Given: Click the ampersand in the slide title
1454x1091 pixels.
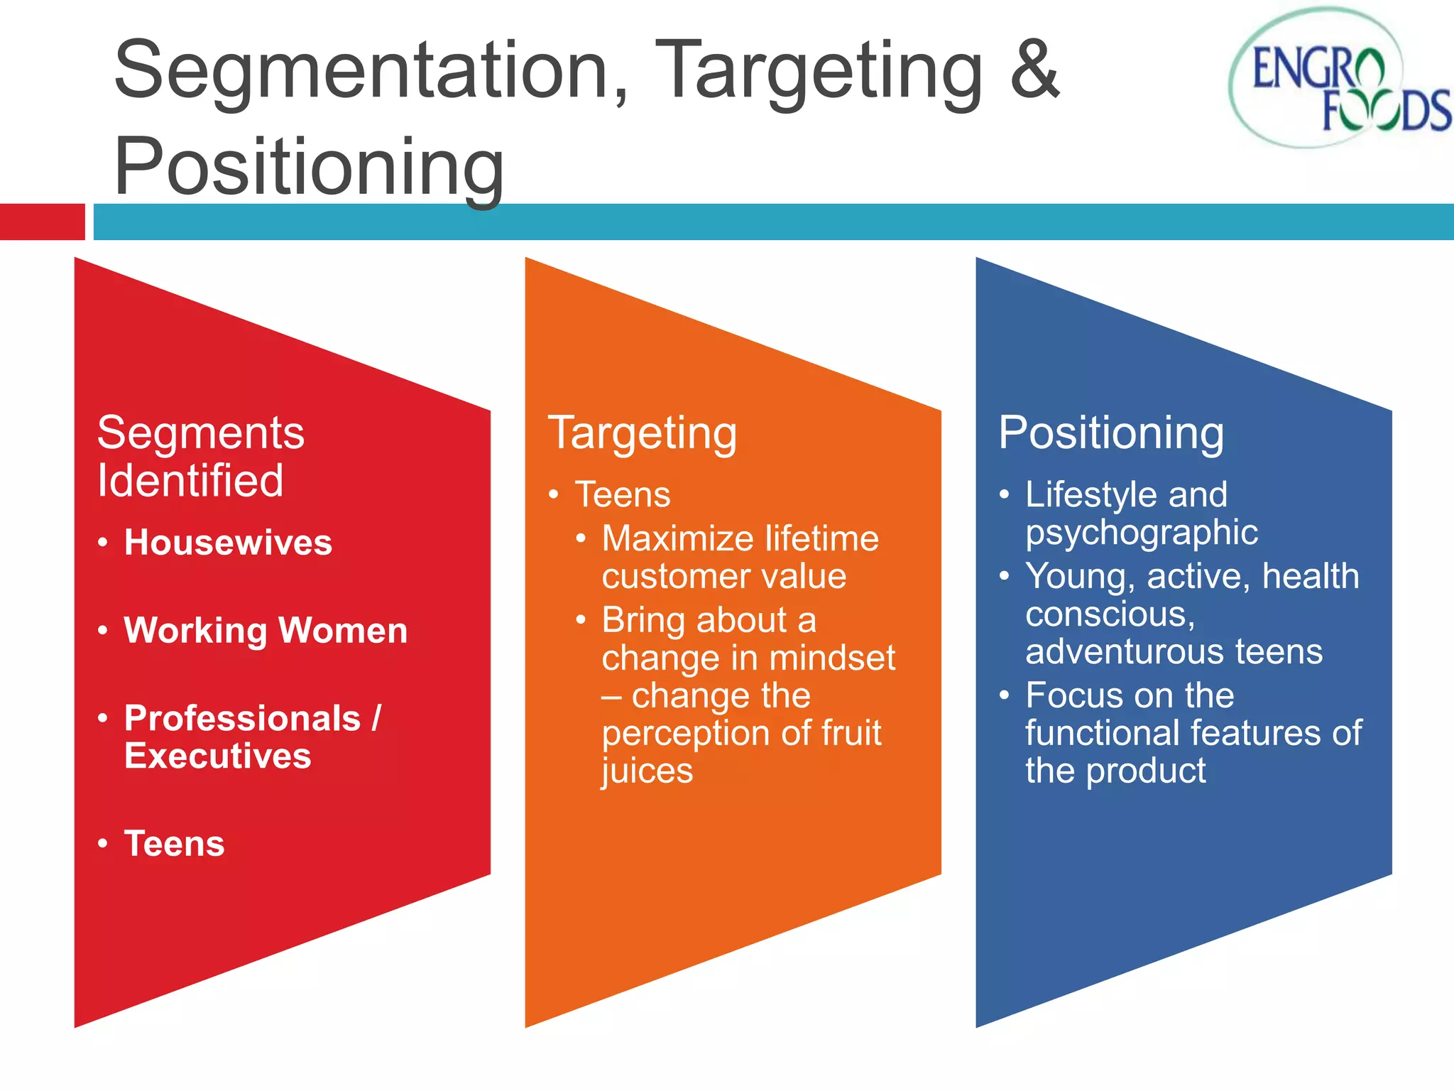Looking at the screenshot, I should (x=1034, y=70).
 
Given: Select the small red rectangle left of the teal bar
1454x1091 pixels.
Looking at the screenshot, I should (x=42, y=222).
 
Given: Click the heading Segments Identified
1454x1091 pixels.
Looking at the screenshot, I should (x=200, y=456).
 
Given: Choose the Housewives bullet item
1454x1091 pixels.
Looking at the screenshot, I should (x=228, y=543).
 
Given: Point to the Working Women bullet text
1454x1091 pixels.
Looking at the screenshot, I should (x=266, y=631).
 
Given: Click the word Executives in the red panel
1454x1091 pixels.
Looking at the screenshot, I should (x=218, y=756).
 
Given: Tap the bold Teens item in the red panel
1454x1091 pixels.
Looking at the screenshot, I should (x=175, y=844).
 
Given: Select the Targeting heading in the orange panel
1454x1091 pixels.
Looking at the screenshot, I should (x=643, y=433).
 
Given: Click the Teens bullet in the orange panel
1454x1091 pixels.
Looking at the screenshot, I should (x=623, y=494).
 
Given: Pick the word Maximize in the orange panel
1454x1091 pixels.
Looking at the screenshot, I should (x=677, y=538).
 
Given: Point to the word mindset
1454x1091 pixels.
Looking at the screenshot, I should (x=832, y=658).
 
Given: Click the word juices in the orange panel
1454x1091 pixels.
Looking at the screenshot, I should (x=647, y=771).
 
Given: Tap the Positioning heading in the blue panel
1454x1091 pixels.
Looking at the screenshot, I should (x=1111, y=433).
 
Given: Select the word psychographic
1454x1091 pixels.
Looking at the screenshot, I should (x=1142, y=533).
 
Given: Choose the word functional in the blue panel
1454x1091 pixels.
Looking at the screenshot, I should (x=1102, y=732).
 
